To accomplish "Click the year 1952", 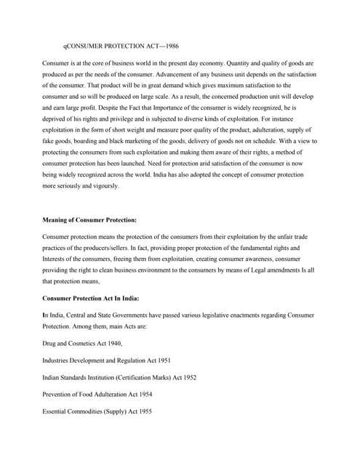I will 188,378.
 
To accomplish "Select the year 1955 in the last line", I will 143,412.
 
